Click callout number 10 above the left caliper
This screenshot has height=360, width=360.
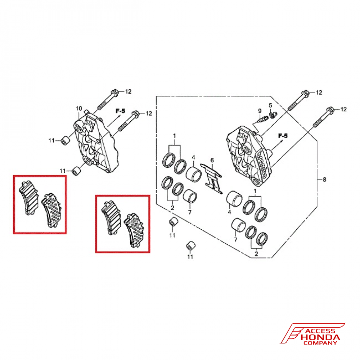pyautogui.click(x=79, y=108)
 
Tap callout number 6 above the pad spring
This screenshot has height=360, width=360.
pyautogui.click(x=212, y=160)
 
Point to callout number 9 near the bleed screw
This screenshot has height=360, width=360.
pyautogui.click(x=259, y=110)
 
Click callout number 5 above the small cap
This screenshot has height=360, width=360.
pyautogui.click(x=270, y=105)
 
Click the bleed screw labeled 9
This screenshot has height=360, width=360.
pyautogui.click(x=262, y=118)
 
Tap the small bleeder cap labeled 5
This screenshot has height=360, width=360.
pyautogui.click(x=273, y=114)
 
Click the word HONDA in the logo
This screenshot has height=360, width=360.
pyautogui.click(x=319, y=337)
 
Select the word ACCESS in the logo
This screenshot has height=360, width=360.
pyautogui.click(x=320, y=331)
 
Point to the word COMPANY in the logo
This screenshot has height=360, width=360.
pyautogui.click(x=320, y=343)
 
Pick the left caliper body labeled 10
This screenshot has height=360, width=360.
pyautogui.click(x=94, y=144)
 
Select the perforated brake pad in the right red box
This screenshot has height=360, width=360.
pyautogui.click(x=134, y=229)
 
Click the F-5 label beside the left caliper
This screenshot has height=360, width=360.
pyautogui.click(x=120, y=111)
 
